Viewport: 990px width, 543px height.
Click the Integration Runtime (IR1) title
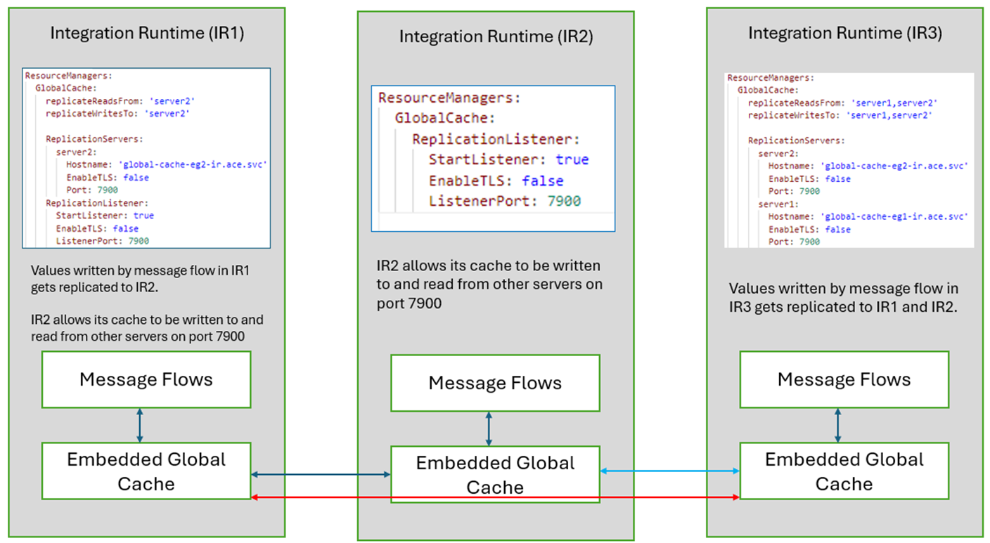(x=147, y=34)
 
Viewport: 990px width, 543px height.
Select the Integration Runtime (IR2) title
(x=496, y=37)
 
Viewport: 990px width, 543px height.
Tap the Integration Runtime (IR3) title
(x=844, y=33)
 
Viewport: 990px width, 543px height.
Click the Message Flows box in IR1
(x=146, y=380)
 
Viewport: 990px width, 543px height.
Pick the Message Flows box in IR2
(x=495, y=383)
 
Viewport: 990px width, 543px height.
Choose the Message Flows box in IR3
(x=844, y=380)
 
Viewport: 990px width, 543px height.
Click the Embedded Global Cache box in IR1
(x=146, y=471)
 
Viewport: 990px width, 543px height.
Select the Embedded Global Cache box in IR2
(x=495, y=475)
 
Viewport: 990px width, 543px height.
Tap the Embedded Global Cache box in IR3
(x=844, y=471)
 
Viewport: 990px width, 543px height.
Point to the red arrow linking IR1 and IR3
(x=495, y=497)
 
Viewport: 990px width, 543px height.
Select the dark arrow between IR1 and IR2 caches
(x=321, y=475)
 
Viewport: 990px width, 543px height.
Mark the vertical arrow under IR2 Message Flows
(x=489, y=428)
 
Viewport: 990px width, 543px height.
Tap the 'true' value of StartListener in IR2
(x=572, y=159)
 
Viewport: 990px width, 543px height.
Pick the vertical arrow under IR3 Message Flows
(x=837, y=426)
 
